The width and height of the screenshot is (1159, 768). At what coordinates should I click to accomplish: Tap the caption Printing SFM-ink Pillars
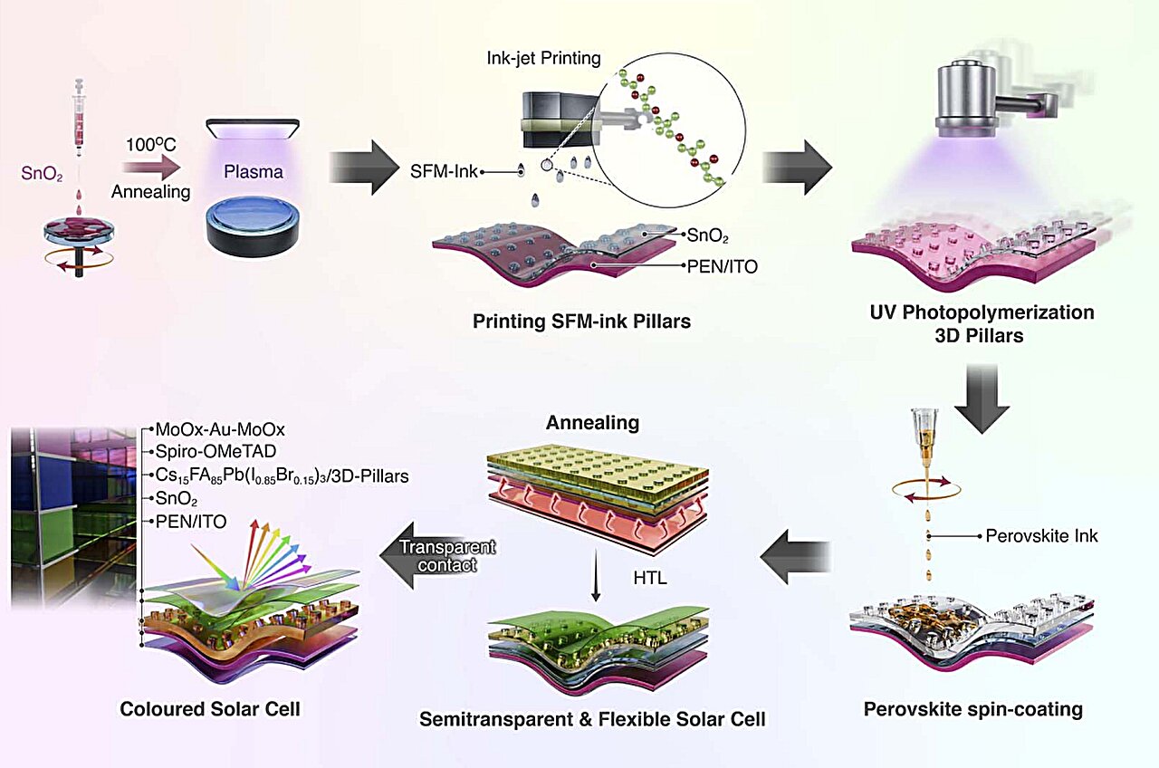coord(581,321)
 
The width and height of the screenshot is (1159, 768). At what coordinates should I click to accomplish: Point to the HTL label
coord(650,578)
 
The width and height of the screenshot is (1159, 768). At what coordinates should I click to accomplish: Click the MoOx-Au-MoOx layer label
coord(220,430)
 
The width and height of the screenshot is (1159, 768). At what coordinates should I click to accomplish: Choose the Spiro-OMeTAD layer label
coord(214,452)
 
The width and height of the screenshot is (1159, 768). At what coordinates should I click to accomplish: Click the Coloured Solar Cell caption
coord(210,709)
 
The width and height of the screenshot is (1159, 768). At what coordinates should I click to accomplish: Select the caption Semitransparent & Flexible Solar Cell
coord(592,720)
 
